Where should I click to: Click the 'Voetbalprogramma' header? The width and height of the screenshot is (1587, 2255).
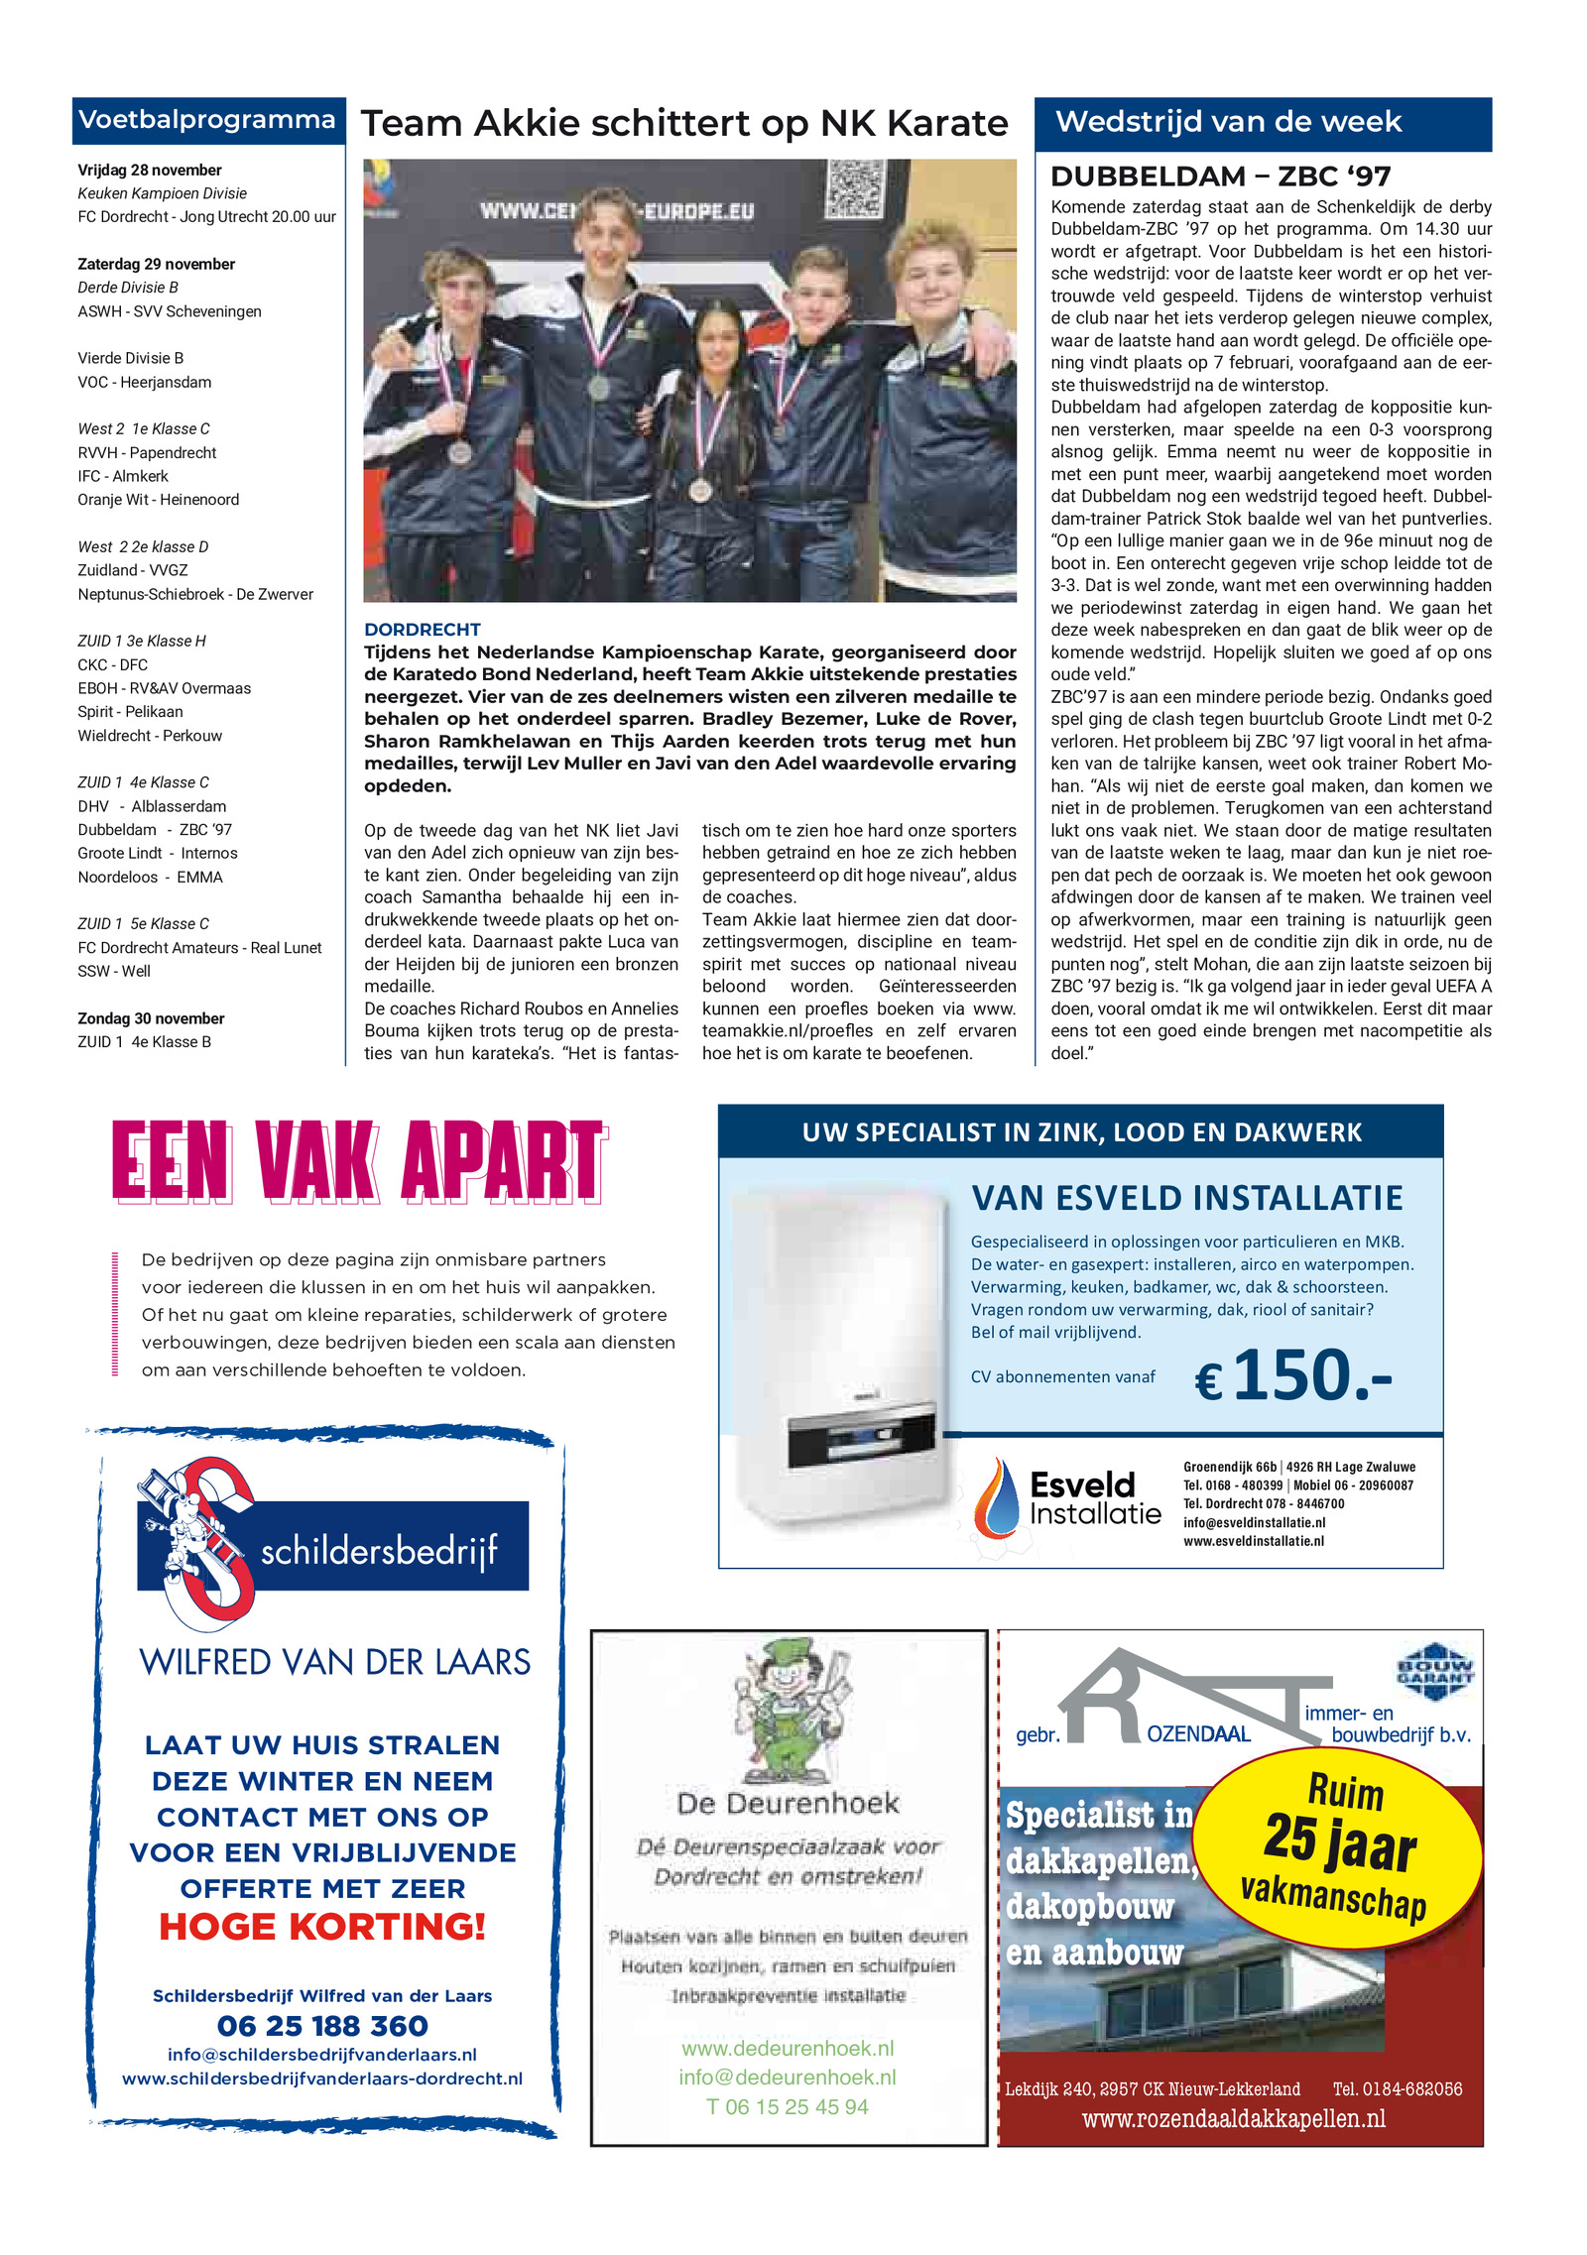[206, 120]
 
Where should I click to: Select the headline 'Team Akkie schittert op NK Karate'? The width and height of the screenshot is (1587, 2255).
[683, 124]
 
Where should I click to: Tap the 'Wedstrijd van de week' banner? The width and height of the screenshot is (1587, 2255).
[1227, 122]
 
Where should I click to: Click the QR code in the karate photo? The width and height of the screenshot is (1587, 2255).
[854, 187]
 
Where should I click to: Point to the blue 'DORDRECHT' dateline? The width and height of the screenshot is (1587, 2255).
[422, 630]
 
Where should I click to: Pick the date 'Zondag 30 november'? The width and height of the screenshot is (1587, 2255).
[151, 1018]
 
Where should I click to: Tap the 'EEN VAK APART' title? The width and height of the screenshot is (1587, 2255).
[358, 1161]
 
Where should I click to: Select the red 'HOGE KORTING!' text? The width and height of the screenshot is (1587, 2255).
[322, 1926]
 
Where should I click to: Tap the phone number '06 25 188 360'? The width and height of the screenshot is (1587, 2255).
[322, 2025]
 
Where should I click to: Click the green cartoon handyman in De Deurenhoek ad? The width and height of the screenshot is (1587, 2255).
[790, 1710]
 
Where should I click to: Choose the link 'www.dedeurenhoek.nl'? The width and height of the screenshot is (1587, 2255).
[788, 2048]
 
